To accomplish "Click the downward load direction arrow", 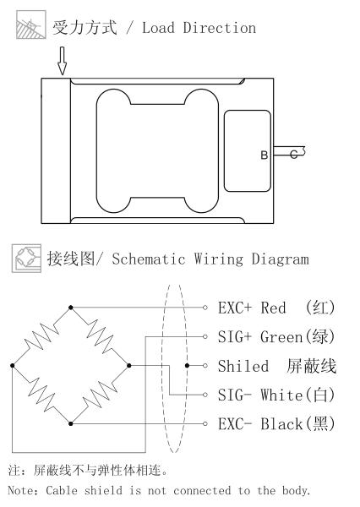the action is [x=62, y=61].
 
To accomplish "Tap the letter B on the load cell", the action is [x=265, y=155].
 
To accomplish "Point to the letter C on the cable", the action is [x=294, y=155].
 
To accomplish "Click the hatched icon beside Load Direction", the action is [x=31, y=25].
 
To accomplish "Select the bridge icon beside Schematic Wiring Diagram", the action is [x=26, y=259].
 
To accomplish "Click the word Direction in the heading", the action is [x=220, y=28].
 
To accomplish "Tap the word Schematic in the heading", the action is [x=149, y=259].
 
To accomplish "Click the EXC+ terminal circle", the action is [x=205, y=308].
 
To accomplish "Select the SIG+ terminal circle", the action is [x=205, y=336].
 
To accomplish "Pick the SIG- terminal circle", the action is [x=205, y=395].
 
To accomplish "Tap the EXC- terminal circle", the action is [x=205, y=423].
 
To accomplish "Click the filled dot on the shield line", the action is [x=187, y=365].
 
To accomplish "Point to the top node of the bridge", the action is [x=71, y=308].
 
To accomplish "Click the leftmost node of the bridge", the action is [x=13, y=365].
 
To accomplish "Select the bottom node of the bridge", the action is [x=71, y=423].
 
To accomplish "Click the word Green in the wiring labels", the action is [x=281, y=337].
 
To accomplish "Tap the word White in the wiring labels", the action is [x=281, y=395].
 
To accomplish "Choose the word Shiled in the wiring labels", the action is [x=243, y=366].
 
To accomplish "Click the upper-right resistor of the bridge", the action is [x=100, y=336].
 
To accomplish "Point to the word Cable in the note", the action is [x=62, y=490].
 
